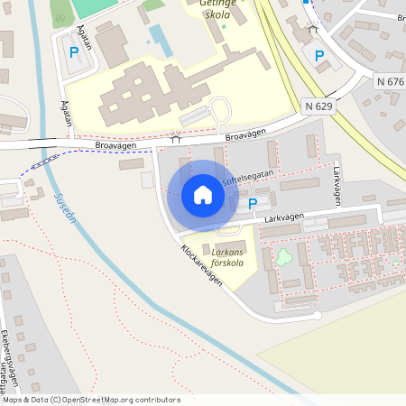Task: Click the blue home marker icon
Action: click(x=203, y=195)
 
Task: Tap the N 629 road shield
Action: click(x=319, y=106)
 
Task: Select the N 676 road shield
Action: click(x=391, y=81)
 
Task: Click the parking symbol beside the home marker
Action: click(x=253, y=205)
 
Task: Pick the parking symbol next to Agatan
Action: click(x=74, y=52)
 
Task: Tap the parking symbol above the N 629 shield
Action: click(x=318, y=56)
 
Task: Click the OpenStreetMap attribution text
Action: click(x=90, y=400)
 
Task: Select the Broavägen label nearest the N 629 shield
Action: click(x=246, y=134)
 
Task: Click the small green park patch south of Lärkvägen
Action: click(x=283, y=257)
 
